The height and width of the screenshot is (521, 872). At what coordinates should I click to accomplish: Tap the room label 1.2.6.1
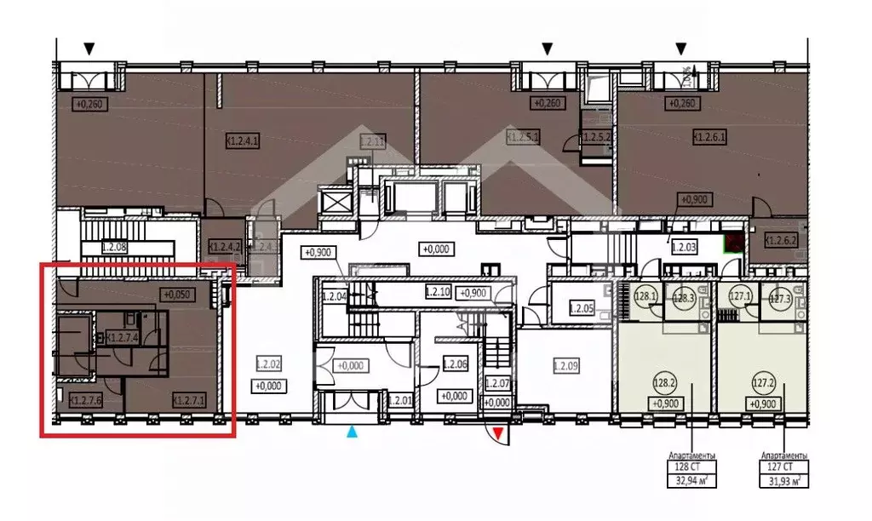pyautogui.click(x=708, y=136)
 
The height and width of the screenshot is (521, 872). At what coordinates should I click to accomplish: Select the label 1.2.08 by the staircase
pyautogui.click(x=114, y=248)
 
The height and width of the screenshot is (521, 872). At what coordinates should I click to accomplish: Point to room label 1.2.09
pyautogui.click(x=566, y=367)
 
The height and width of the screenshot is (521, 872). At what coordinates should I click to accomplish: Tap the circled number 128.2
pyautogui.click(x=665, y=384)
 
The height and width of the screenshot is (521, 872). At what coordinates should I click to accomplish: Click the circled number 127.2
pyautogui.click(x=762, y=384)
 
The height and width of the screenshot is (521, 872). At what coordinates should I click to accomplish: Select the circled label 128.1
pyautogui.click(x=645, y=297)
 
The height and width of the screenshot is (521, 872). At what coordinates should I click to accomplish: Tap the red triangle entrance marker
pyautogui.click(x=498, y=436)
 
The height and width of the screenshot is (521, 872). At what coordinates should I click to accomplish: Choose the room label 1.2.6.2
pyautogui.click(x=780, y=240)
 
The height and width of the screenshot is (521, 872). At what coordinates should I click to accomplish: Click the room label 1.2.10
pyautogui.click(x=438, y=291)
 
